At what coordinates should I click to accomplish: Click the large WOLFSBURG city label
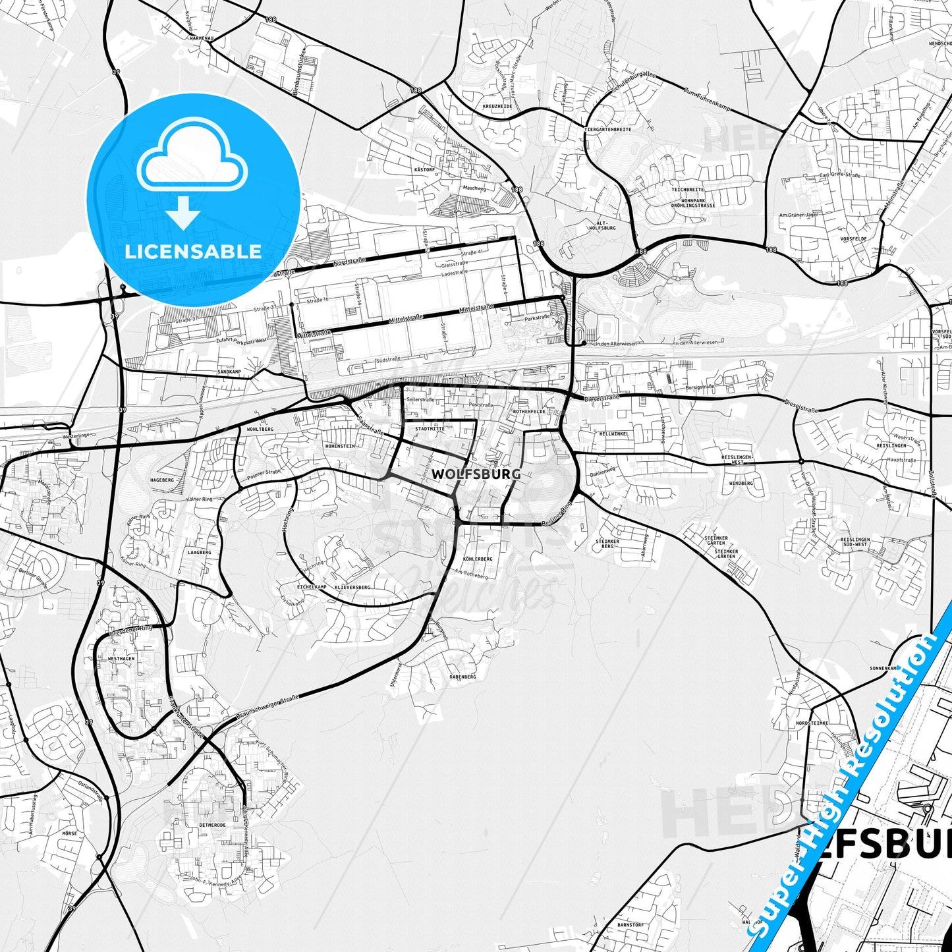(476, 474)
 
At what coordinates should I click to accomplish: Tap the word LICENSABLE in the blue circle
(193, 252)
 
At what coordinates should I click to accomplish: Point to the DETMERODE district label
(212, 825)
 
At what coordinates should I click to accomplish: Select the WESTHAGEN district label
(121, 659)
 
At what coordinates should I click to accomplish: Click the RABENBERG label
(462, 677)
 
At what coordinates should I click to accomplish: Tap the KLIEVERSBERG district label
(352, 586)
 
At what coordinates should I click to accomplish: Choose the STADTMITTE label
(430, 428)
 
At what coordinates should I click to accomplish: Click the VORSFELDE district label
(853, 238)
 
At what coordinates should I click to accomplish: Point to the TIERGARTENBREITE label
(607, 130)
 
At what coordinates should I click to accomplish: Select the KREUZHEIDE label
(497, 106)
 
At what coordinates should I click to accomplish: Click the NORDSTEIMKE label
(812, 723)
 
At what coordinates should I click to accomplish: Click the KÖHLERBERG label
(478, 559)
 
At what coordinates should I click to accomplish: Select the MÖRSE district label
(69, 833)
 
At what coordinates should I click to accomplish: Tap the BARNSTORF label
(630, 925)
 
